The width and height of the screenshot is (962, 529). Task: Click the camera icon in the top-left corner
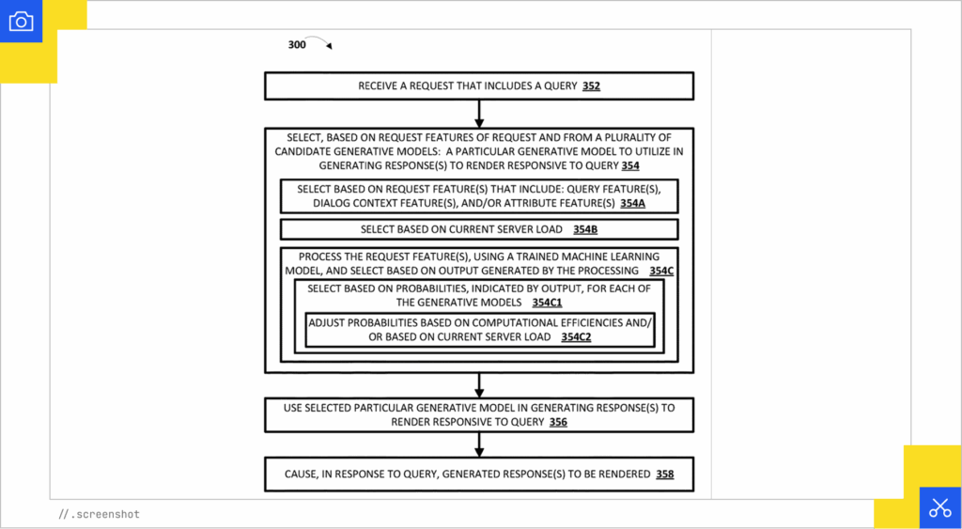(21, 22)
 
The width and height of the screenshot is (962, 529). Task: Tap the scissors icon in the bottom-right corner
(939, 507)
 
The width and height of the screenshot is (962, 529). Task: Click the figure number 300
(297, 45)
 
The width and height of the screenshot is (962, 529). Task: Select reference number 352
(591, 86)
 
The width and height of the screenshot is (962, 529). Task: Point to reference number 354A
(629, 203)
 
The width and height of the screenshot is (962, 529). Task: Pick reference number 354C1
(547, 303)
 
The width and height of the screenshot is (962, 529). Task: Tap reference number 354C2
(576, 336)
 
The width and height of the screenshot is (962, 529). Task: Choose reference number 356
(558, 422)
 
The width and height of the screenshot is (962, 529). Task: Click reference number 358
(664, 475)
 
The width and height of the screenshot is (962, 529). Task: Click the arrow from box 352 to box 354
(479, 114)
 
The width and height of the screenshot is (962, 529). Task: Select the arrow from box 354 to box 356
(479, 385)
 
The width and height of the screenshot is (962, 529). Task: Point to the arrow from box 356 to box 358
(479, 444)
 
